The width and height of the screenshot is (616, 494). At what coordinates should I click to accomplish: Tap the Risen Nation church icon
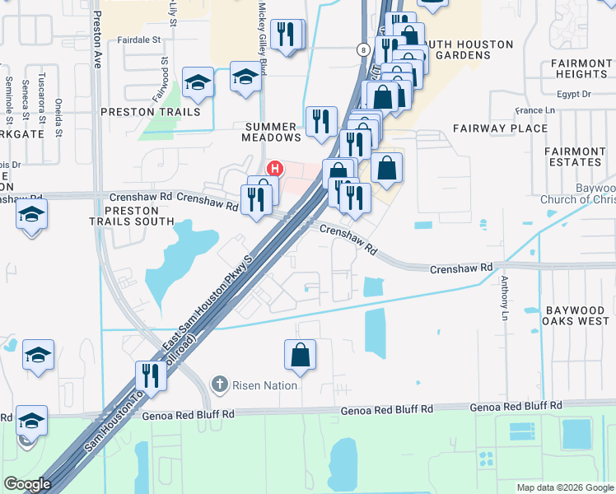(x=220, y=384)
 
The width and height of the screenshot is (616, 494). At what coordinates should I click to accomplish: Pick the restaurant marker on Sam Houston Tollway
(x=151, y=375)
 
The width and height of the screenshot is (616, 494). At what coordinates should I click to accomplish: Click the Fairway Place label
(x=500, y=128)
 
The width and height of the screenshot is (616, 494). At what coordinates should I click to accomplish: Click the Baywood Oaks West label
(x=575, y=316)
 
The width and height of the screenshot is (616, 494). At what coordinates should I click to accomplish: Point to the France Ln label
(x=534, y=110)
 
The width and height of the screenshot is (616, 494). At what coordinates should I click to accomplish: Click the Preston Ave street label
(x=97, y=39)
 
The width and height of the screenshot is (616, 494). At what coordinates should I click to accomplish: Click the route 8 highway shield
(x=362, y=50)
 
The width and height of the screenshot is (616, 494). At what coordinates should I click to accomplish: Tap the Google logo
(x=27, y=485)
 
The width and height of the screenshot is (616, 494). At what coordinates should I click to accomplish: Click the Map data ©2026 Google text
(x=564, y=487)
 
